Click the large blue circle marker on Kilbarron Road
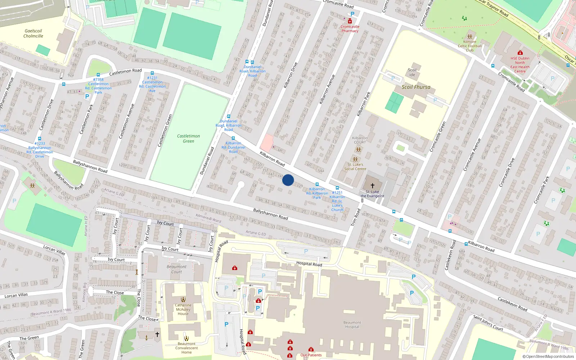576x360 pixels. (x=288, y=180)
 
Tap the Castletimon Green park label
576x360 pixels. (x=188, y=139)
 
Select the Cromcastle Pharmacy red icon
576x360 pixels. (x=350, y=21)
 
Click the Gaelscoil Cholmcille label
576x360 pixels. (x=33, y=33)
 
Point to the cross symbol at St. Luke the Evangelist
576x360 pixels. (x=373, y=186)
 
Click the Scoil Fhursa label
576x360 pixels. (x=416, y=87)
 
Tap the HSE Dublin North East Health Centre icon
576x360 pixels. (x=520, y=53)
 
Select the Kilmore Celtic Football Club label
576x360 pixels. (x=469, y=46)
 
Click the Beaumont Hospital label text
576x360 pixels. (x=352, y=325)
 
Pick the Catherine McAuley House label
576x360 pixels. (x=183, y=309)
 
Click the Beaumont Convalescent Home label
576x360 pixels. (x=186, y=348)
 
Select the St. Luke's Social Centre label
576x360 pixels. (x=355, y=167)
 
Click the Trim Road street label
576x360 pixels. (x=355, y=217)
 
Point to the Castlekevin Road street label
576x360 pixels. (x=512, y=304)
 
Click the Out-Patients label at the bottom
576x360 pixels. (x=311, y=355)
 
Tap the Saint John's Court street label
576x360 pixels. (x=488, y=323)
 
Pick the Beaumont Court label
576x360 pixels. (x=176, y=269)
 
